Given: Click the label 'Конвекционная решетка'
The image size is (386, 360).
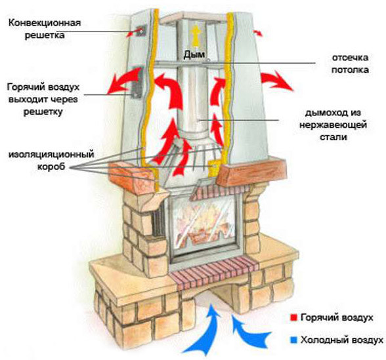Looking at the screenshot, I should click(45, 29).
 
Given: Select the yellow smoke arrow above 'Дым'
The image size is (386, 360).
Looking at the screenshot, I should click(194, 34).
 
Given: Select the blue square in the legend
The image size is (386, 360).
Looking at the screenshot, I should click(291, 340).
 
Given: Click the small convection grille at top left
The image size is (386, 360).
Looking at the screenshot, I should click(140, 31).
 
